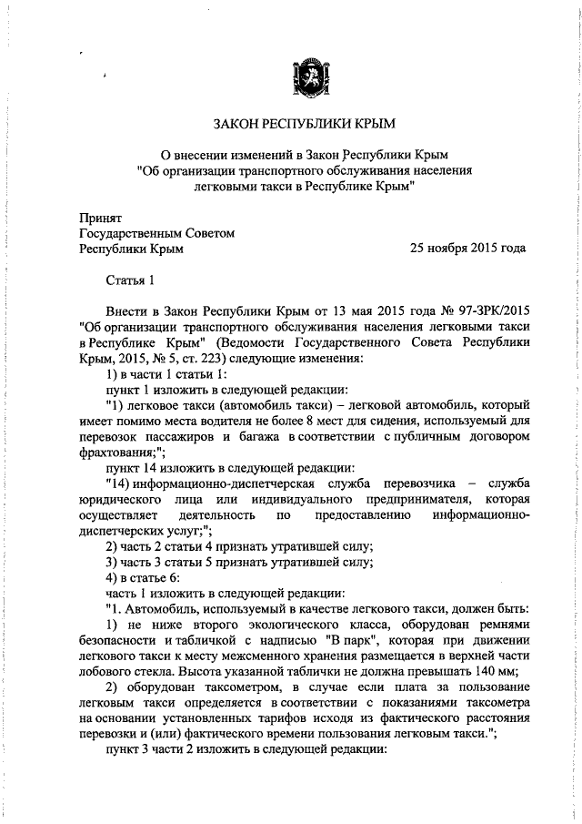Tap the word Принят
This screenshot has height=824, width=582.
click(99, 217)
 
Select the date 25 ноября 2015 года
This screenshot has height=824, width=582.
click(467, 248)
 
